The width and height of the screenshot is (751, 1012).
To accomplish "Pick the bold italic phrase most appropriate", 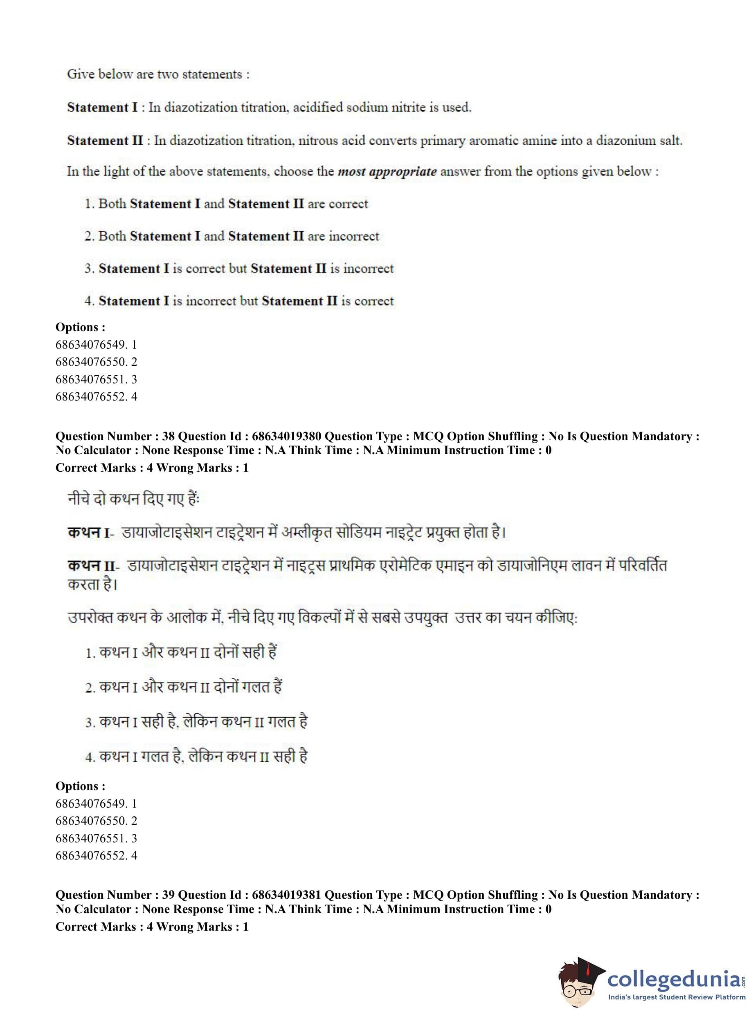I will click(x=387, y=172).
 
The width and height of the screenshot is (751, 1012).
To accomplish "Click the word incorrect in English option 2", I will click(x=354, y=236).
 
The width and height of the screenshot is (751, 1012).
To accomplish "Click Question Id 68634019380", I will click(x=286, y=437).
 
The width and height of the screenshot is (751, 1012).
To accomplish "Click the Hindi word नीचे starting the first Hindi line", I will click(x=81, y=499).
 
